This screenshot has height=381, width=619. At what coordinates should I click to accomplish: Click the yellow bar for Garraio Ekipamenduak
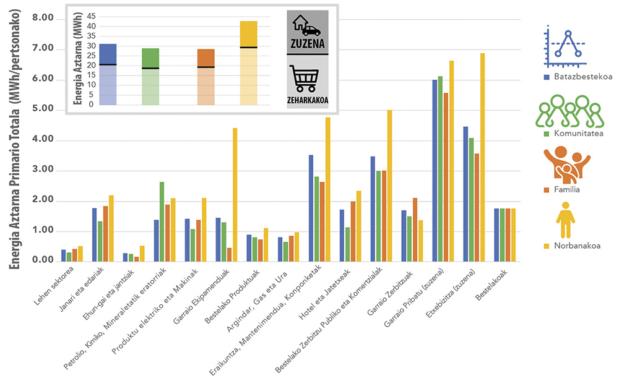click(235, 194)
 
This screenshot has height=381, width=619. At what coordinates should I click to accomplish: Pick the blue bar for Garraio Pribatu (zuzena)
click(435, 170)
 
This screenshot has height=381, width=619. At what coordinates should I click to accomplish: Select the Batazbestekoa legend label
click(577, 77)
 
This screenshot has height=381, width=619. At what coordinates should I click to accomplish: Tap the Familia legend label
click(566, 189)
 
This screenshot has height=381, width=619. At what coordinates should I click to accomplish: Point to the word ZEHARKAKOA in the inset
click(307, 99)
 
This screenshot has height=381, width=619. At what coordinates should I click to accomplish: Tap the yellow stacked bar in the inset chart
click(248, 62)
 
